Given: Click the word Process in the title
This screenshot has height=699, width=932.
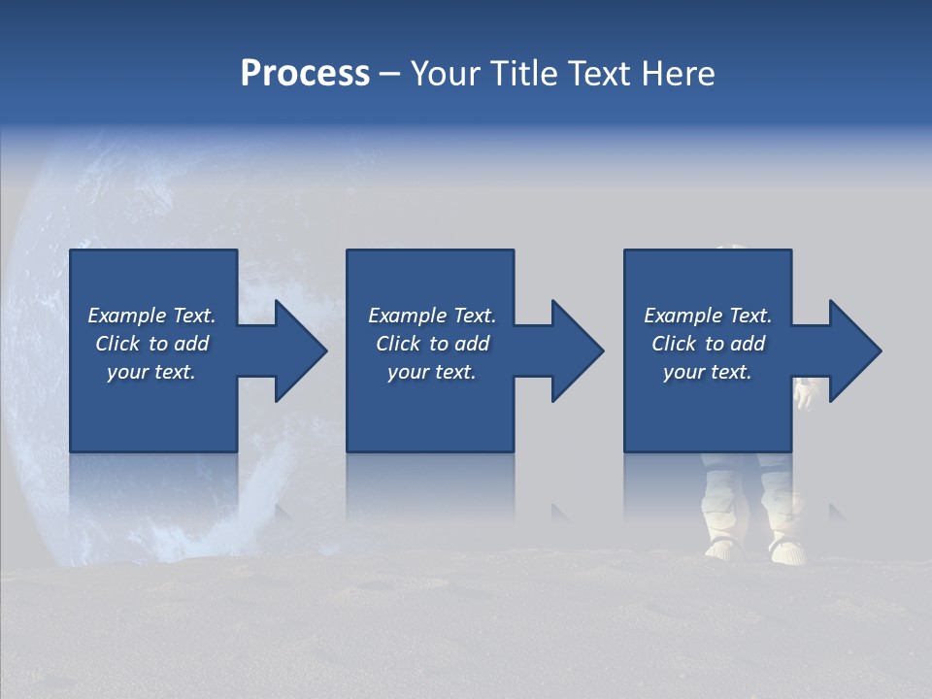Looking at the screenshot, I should [305, 74].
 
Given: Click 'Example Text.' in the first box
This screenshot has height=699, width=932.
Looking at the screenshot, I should [151, 316].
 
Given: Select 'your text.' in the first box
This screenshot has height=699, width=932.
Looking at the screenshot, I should [151, 372].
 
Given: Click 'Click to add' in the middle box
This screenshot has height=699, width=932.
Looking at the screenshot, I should [432, 344].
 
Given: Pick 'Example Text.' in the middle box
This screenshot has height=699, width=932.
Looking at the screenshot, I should [432, 316].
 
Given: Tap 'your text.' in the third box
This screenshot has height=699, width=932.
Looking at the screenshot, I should [708, 372].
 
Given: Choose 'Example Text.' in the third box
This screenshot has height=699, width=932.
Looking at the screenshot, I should [708, 316].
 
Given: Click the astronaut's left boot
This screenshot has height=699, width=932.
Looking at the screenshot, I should [723, 549].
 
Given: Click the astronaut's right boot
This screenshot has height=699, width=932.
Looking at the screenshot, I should [786, 550].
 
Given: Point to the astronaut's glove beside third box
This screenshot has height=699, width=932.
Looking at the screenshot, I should [803, 393].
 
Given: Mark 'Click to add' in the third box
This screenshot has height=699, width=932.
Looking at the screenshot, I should [708, 344].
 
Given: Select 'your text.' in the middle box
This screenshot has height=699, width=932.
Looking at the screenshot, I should [432, 372].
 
